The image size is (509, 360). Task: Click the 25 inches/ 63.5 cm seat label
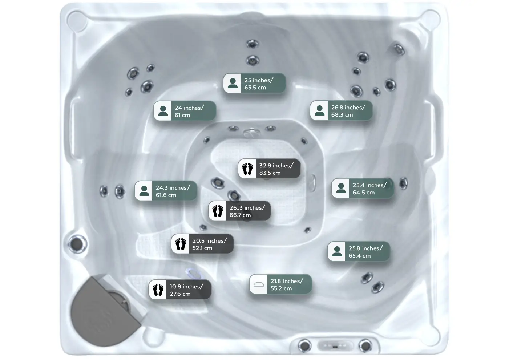click(x=254, y=84)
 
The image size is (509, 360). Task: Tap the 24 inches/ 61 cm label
click(x=185, y=111)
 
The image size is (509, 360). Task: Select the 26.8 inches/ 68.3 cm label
click(x=341, y=111)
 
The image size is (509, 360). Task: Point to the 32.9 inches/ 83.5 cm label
click(x=269, y=169)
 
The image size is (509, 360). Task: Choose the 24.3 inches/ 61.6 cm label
click(x=166, y=191)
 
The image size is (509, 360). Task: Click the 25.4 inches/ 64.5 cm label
click(x=363, y=189)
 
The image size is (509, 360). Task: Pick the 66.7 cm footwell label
click(x=239, y=211)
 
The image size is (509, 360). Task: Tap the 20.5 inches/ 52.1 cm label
click(x=202, y=244)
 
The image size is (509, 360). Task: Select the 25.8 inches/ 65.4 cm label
click(x=359, y=252)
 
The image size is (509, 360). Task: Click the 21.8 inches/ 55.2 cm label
click(x=280, y=284)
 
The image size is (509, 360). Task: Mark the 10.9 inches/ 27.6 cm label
click(x=180, y=290)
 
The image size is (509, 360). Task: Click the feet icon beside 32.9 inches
click(x=247, y=169)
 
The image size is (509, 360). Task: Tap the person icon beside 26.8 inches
click(x=320, y=111)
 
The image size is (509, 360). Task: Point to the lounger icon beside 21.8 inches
click(x=259, y=284)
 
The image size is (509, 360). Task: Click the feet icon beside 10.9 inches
click(x=158, y=290)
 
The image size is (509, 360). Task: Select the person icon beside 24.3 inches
click(x=144, y=191)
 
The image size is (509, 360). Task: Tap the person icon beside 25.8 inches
click(x=337, y=252)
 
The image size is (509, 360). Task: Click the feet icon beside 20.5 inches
click(x=181, y=244)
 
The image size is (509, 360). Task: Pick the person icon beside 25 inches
click(x=233, y=84)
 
